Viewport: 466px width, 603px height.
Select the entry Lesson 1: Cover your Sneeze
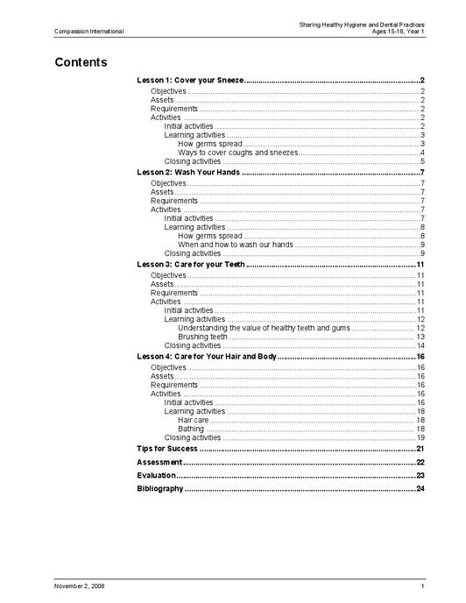point(190,81)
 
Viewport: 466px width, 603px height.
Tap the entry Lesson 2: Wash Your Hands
point(188,172)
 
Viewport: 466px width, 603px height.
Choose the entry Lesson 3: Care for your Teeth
point(191,264)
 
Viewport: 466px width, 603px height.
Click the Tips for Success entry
point(167,448)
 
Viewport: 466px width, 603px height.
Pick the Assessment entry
point(159,462)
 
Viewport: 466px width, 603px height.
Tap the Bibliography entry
point(160,488)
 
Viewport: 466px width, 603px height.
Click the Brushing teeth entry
point(202,337)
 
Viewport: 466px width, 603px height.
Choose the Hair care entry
point(193,420)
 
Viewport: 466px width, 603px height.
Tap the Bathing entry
point(191,429)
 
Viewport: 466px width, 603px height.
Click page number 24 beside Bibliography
point(420,488)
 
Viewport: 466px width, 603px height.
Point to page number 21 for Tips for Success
point(420,448)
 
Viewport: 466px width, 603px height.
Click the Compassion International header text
point(88,32)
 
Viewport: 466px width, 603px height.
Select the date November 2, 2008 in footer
point(80,585)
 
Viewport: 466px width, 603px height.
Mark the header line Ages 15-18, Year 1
point(392,32)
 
